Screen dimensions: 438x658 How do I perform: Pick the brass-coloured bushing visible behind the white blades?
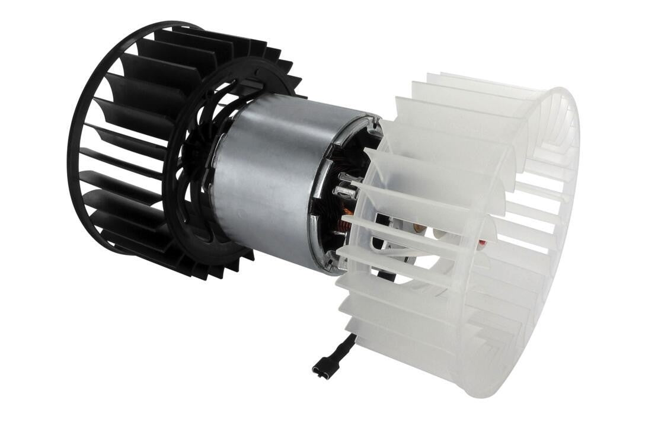[419, 228]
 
